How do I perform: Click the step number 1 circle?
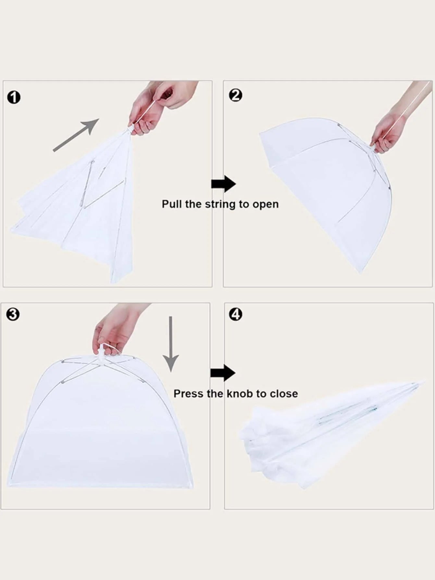click(14, 97)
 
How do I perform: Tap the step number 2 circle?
click(235, 96)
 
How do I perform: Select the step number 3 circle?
click(13, 315)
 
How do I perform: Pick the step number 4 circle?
click(235, 314)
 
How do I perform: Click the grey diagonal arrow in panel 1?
click(76, 135)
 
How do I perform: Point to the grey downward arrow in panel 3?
click(171, 344)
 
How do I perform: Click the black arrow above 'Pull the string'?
click(224, 184)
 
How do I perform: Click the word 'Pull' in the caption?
click(172, 204)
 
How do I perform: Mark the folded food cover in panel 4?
click(331, 432)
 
